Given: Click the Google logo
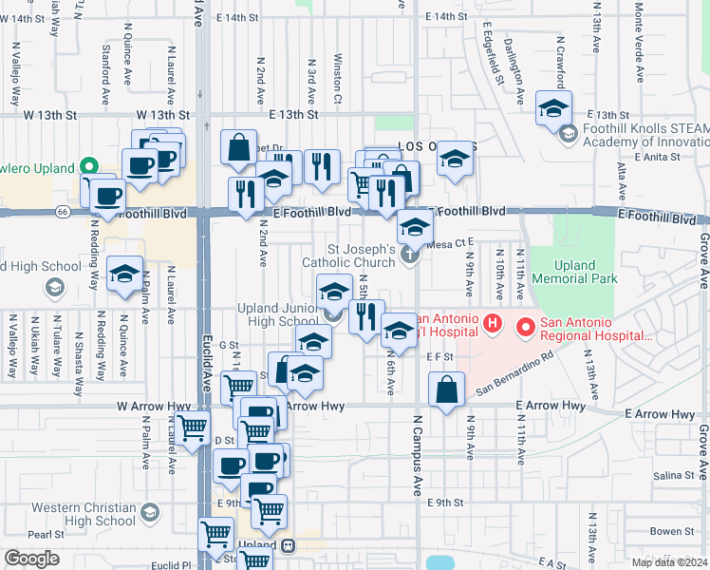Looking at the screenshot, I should (30, 559).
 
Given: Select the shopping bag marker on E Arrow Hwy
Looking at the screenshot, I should (446, 389).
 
